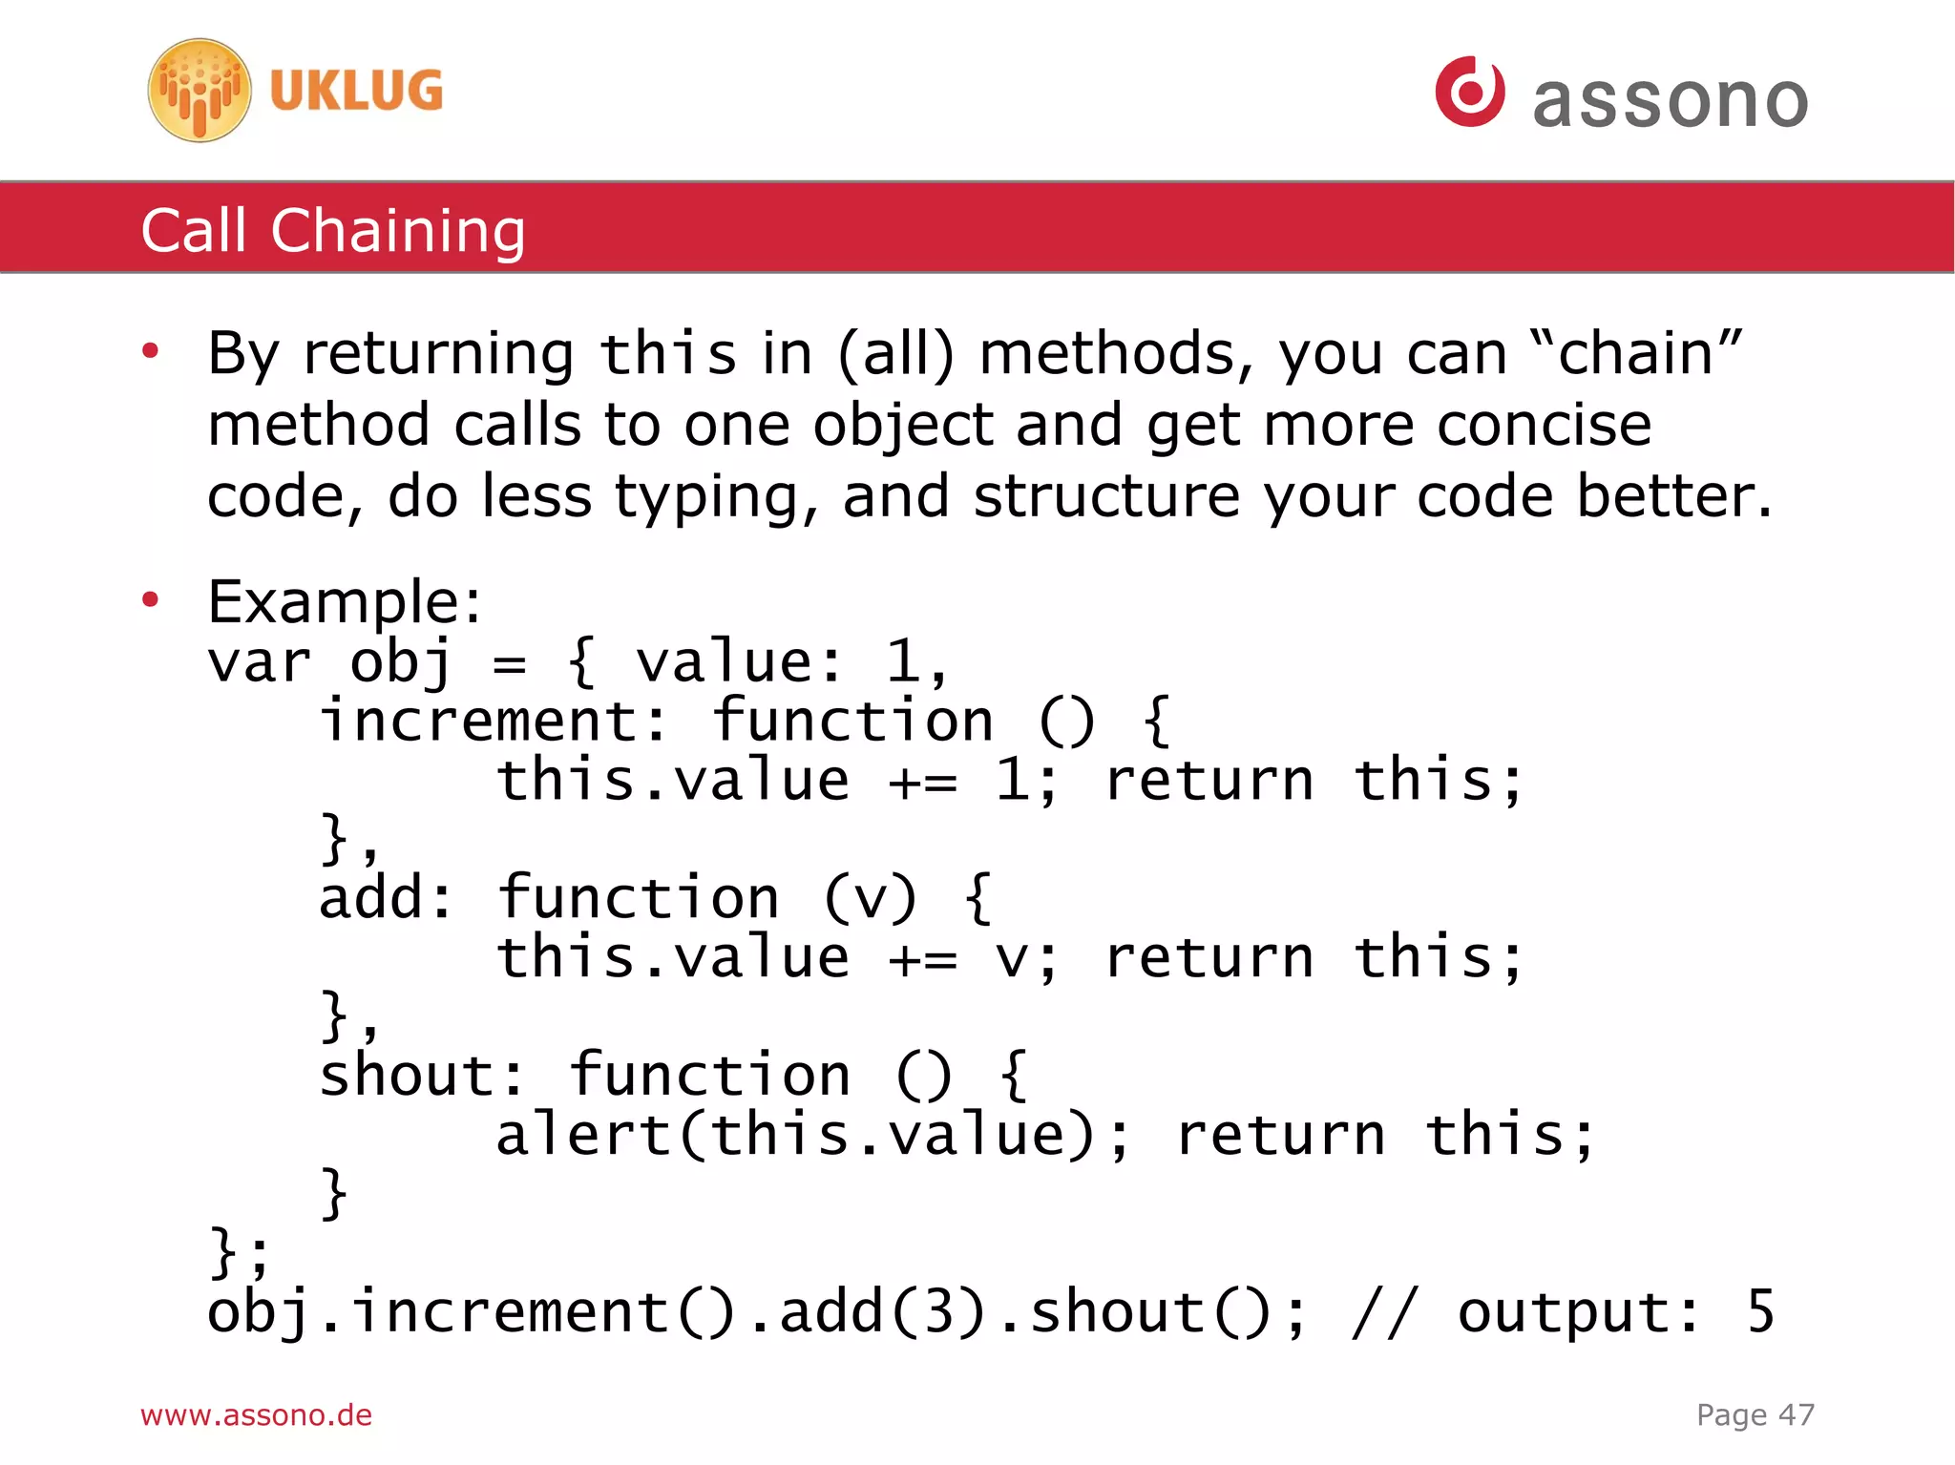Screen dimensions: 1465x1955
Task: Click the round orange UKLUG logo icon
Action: tap(200, 91)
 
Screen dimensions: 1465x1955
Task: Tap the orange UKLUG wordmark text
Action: tap(356, 92)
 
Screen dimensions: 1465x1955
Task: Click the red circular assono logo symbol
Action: tap(1469, 92)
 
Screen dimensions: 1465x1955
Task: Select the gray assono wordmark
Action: tap(1670, 100)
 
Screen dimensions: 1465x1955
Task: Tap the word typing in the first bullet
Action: tap(716, 497)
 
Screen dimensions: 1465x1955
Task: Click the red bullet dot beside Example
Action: tap(150, 599)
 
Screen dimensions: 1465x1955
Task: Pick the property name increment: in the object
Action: tap(493, 721)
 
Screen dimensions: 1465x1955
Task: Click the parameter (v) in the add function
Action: tap(870, 898)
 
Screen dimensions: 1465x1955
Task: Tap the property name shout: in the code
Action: tap(421, 1076)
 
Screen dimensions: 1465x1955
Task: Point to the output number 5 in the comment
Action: tap(1759, 1311)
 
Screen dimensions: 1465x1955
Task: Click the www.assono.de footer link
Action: tap(256, 1414)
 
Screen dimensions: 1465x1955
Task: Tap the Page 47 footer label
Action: tap(1755, 1414)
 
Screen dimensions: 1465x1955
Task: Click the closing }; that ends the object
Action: tap(239, 1252)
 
